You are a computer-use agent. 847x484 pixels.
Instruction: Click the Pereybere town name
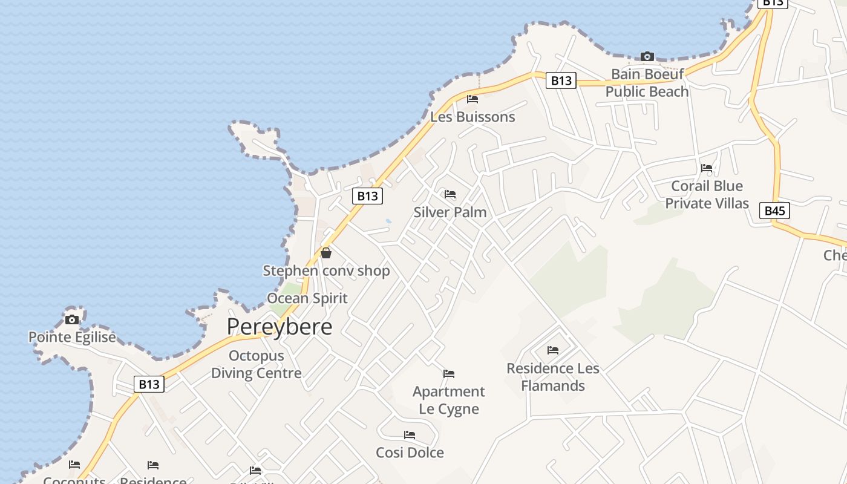click(280, 327)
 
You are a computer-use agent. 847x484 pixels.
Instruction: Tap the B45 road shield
click(774, 211)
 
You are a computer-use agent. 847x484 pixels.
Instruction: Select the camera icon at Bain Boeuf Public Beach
click(647, 57)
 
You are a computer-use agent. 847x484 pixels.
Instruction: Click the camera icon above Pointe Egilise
click(72, 319)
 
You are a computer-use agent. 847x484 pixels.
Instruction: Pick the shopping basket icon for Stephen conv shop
click(326, 253)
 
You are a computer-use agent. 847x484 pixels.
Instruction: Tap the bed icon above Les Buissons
click(473, 99)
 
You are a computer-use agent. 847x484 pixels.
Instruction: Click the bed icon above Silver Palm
click(450, 194)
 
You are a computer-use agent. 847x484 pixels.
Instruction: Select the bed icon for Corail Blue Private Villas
click(707, 168)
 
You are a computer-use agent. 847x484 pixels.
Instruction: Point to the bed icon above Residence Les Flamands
click(553, 350)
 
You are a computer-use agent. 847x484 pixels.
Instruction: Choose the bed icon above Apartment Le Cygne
click(449, 374)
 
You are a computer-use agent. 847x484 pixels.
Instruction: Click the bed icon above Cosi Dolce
click(410, 435)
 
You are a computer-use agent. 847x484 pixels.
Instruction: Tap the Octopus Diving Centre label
click(256, 364)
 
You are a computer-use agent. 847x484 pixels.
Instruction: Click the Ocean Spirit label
click(307, 298)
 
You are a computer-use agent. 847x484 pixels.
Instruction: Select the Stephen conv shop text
click(326, 270)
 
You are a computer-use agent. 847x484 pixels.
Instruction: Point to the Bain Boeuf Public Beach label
click(647, 83)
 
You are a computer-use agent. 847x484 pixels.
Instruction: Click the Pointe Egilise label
click(72, 337)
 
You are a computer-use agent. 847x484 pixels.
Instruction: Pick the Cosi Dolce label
click(410, 453)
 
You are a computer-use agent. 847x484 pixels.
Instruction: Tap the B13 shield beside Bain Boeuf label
click(561, 80)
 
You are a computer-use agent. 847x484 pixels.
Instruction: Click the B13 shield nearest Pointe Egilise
click(149, 384)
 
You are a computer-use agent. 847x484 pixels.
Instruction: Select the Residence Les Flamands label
click(553, 377)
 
